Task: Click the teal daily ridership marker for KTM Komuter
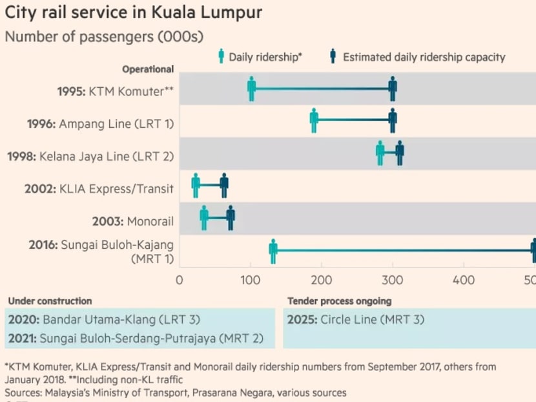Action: (251, 89)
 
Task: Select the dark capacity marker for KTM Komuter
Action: (393, 89)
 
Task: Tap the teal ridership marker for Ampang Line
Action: (314, 121)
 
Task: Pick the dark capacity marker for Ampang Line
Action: (393, 121)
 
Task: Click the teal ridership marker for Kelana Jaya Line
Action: (380, 153)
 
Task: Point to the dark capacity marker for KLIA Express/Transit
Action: (224, 185)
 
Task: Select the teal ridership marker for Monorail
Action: (204, 218)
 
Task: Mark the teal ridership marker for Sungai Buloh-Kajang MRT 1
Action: (273, 251)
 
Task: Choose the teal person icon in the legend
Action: (220, 56)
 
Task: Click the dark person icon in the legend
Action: (334, 56)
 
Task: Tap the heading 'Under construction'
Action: (50, 301)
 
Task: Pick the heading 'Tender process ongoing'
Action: (339, 301)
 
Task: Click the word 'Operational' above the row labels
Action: (148, 69)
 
